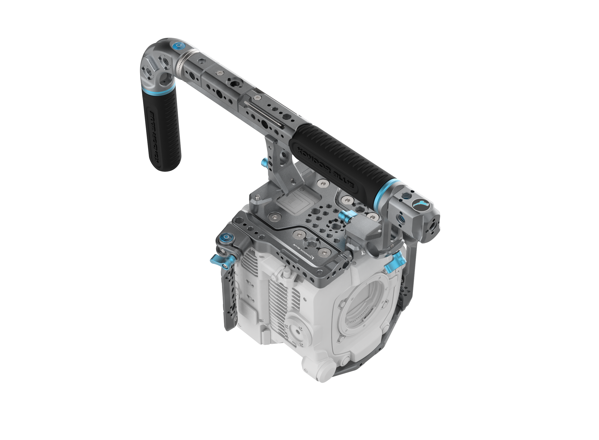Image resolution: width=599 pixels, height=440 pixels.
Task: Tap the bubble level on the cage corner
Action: tap(226, 236)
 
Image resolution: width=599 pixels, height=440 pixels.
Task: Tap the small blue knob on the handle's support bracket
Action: tap(265, 161)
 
